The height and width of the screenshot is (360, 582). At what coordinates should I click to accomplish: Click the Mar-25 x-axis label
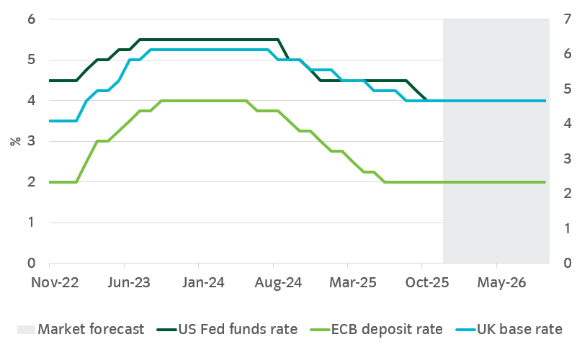[x=349, y=282]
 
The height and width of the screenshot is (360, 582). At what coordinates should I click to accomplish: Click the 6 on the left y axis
[x=31, y=19]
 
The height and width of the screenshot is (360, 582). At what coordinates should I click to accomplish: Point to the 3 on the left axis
[x=31, y=141]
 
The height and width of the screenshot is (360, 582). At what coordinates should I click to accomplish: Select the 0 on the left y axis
[x=31, y=264]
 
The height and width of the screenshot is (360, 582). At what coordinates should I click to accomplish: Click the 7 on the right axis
[x=565, y=19]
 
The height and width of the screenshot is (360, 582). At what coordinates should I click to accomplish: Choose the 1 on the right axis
[x=565, y=229]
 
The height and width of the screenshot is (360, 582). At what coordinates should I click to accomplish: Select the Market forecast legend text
[x=91, y=330]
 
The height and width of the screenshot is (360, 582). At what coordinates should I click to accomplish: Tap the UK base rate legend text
[x=520, y=330]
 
